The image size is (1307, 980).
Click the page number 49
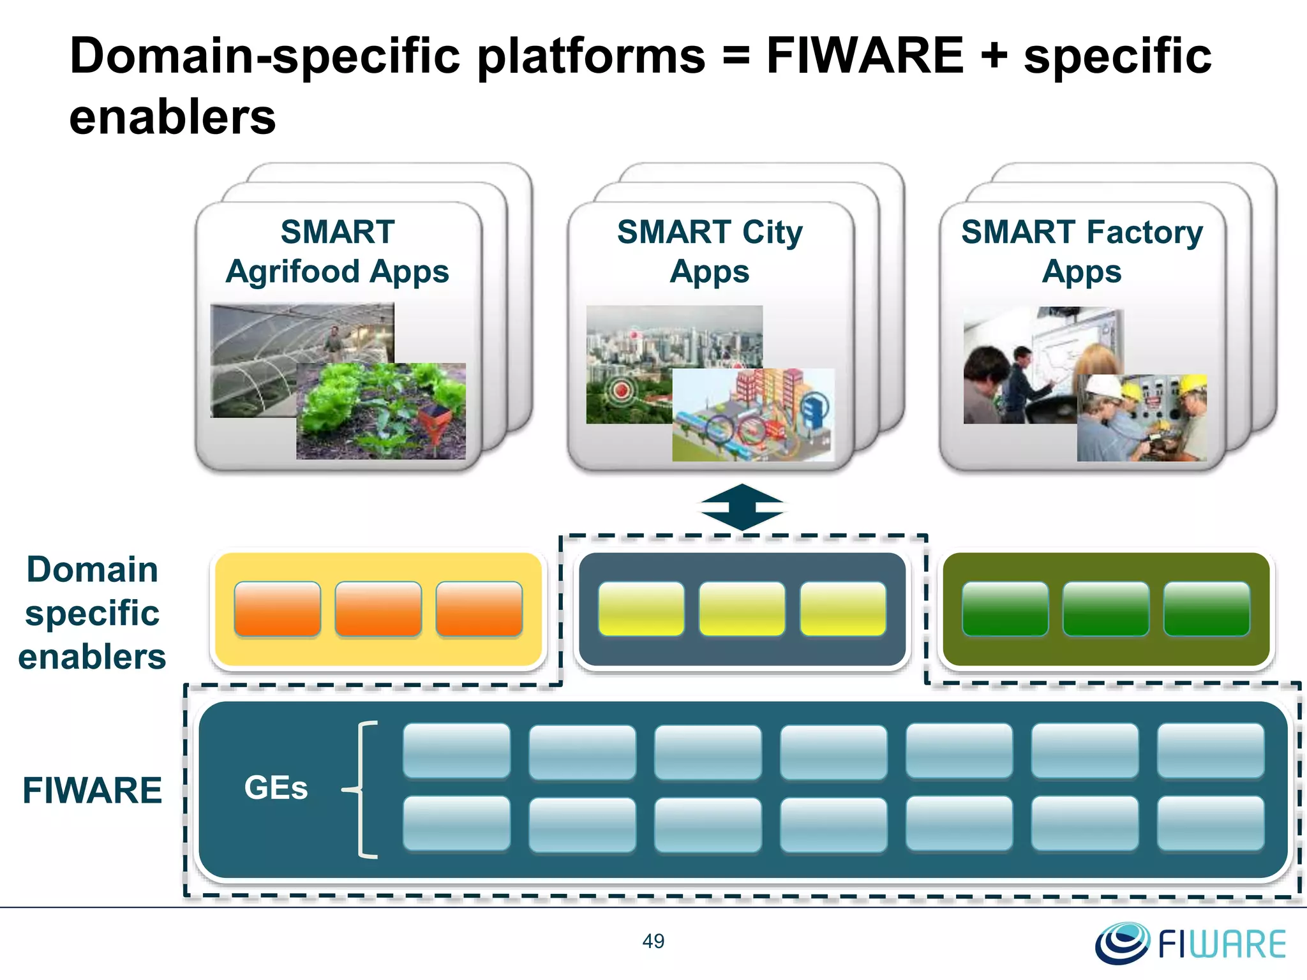tap(653, 941)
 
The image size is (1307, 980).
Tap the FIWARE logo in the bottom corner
tap(1191, 943)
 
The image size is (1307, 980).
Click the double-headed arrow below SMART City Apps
tap(742, 507)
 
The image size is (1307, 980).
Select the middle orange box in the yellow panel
tap(378, 609)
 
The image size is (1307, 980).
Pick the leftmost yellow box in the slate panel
tap(641, 609)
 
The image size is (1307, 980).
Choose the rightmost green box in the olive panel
tap(1206, 609)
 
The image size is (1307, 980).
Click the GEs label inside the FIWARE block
tap(276, 788)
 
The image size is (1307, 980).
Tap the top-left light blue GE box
tap(456, 750)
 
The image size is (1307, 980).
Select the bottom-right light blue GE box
tap(1210, 823)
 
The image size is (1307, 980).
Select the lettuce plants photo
tap(380, 412)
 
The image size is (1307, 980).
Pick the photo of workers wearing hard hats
tap(1141, 418)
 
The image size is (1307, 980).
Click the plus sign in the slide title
tap(993, 56)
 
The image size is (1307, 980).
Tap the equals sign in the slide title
tap(736, 56)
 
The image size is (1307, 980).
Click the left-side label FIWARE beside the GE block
tap(93, 791)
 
